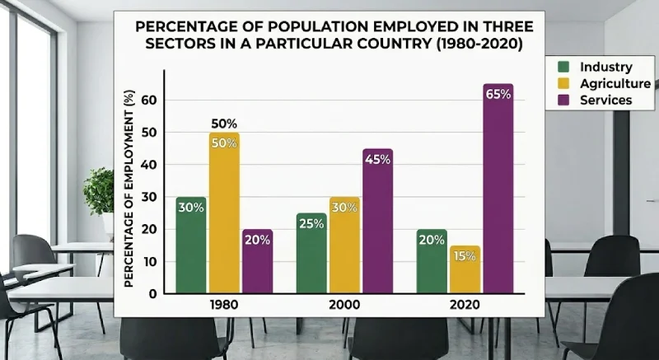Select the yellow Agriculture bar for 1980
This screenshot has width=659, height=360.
223,214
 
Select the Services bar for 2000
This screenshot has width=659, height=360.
376,222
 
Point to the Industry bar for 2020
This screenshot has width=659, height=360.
432,262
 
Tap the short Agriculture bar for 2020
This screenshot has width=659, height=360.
465,269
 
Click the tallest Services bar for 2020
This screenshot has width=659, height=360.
498,189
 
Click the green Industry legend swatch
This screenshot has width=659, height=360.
564,67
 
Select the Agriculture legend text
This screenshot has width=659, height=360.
615,83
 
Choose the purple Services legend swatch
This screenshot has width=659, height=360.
564,100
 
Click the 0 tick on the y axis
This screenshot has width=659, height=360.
152,293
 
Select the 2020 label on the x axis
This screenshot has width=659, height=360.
465,305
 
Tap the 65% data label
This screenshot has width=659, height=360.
498,94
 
